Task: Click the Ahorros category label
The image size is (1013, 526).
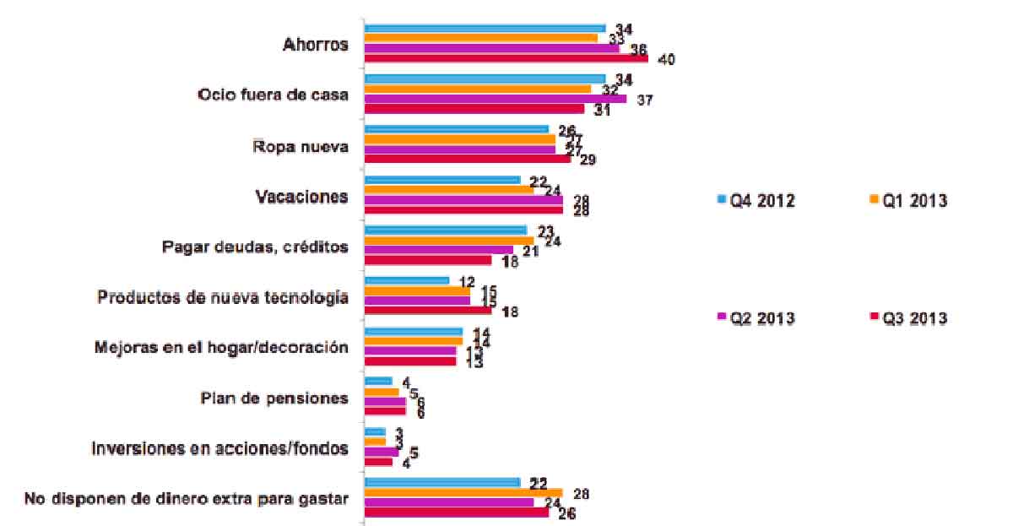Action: point(315,45)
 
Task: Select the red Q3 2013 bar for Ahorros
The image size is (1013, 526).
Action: point(506,59)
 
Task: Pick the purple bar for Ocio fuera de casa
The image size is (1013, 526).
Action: point(495,99)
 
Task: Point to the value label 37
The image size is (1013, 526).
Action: point(646,100)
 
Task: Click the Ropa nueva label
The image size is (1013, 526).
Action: point(301,145)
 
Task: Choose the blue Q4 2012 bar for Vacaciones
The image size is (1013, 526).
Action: point(441,179)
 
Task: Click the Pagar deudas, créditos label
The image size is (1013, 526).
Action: point(254,247)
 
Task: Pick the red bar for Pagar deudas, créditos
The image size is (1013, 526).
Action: point(427,260)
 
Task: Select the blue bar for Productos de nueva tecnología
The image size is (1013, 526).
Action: point(406,280)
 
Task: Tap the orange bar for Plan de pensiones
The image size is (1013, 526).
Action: point(381,392)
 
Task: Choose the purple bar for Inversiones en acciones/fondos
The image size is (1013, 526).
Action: point(381,452)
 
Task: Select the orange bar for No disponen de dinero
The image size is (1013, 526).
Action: point(463,492)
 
